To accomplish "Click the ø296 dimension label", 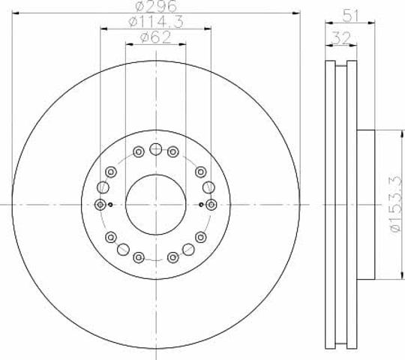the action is [156, 6].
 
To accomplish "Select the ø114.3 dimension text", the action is [156, 22].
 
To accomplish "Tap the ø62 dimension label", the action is [155, 37].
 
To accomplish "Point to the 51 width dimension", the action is [351, 16].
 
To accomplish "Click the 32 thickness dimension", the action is [341, 38].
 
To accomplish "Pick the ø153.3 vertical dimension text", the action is [397, 204].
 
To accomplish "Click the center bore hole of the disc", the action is [156, 205].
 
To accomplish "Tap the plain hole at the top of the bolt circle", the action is [156, 149].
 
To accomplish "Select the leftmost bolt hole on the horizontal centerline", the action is [100, 205].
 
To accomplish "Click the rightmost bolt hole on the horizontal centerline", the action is [211, 205].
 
